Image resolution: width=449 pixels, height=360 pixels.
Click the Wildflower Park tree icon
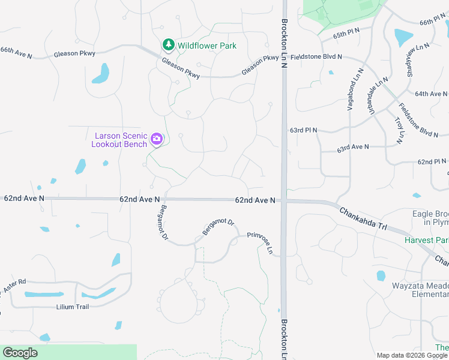[169, 45]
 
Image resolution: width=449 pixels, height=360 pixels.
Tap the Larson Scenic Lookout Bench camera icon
[157, 139]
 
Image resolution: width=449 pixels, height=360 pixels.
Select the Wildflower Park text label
[206, 46]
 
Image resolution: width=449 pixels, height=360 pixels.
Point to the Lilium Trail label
[72, 307]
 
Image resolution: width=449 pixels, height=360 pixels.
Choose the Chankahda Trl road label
[364, 219]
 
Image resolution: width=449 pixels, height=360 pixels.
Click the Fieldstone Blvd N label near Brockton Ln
[316, 57]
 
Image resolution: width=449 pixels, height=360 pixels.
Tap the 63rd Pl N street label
[303, 130]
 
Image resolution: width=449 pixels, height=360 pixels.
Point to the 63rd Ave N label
[353, 147]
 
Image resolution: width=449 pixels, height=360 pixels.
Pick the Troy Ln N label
[399, 130]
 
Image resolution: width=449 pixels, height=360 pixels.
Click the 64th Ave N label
[431, 94]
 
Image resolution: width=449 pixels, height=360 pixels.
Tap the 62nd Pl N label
[432, 162]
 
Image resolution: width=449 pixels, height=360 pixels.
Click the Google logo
[20, 353]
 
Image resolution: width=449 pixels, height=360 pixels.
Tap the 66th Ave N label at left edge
[16, 52]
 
